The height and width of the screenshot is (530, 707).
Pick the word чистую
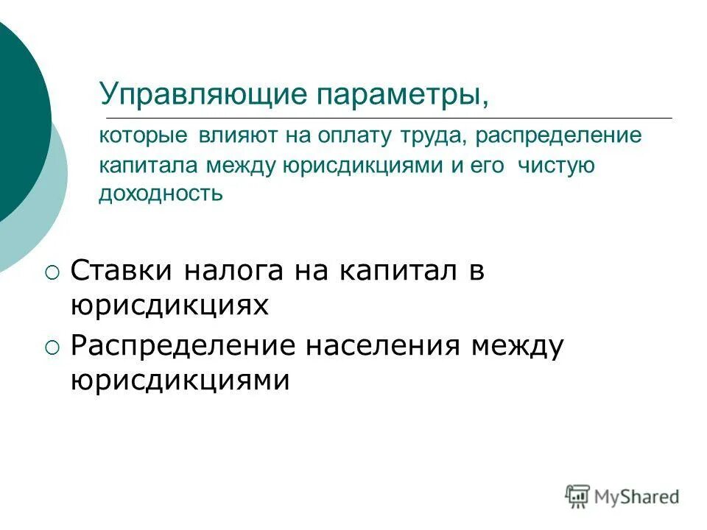[x=556, y=166]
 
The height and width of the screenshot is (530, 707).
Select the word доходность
[x=161, y=194]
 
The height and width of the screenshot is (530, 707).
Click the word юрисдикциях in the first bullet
[x=169, y=305]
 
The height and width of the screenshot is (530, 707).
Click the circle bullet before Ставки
[x=50, y=273]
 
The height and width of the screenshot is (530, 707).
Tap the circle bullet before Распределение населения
[x=50, y=347]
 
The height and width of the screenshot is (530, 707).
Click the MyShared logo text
[x=637, y=496]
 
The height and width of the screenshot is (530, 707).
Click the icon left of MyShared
[x=578, y=496]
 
